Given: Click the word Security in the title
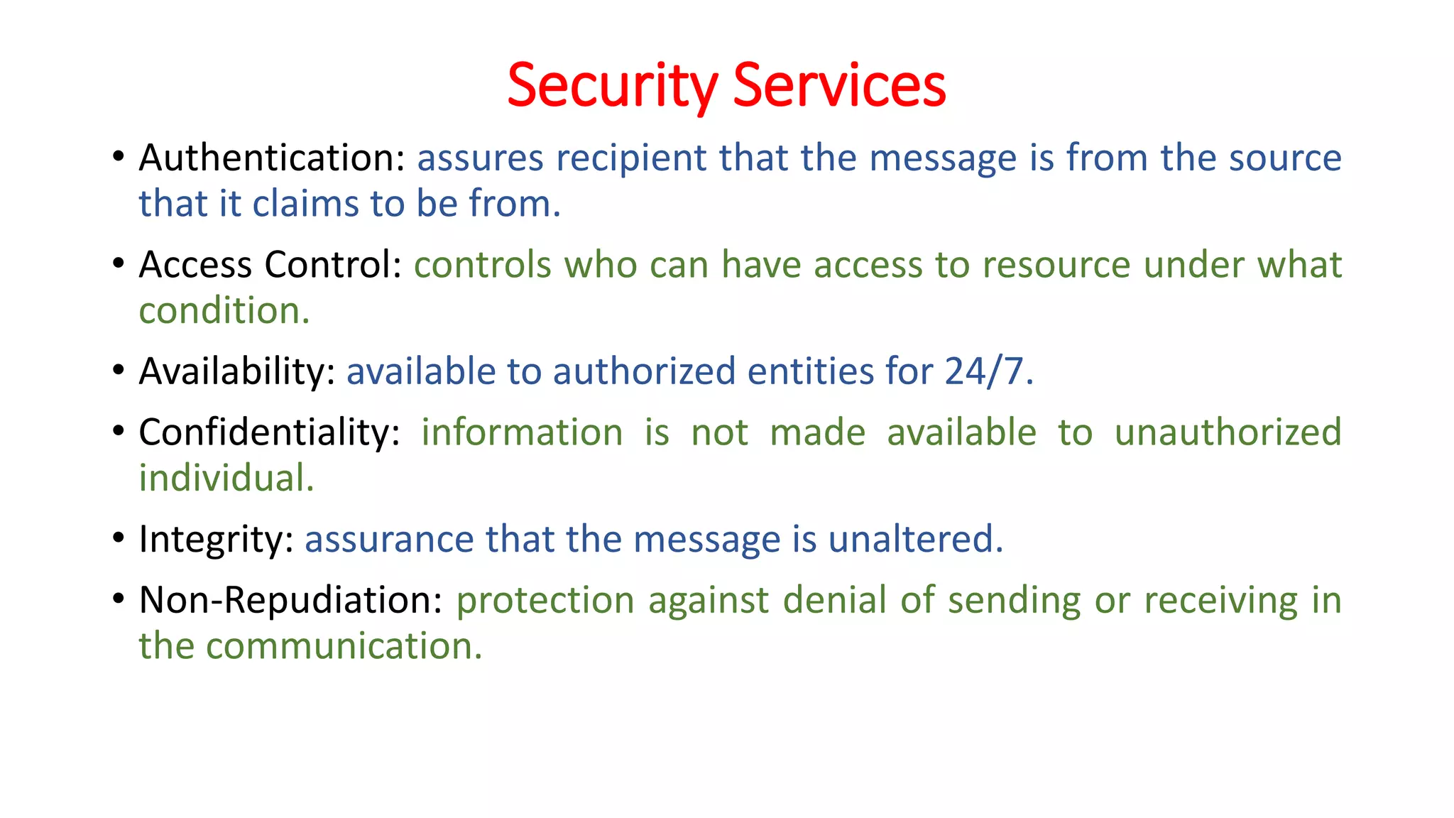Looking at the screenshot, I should coord(612,85).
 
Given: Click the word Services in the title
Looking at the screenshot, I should coord(839,85).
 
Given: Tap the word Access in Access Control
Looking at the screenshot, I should coord(196,265).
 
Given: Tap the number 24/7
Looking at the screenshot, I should coord(988,371).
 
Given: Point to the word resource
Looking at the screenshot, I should coord(1056,265).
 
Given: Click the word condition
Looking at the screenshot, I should coord(224,311).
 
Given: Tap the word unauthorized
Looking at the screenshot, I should coord(1228,432).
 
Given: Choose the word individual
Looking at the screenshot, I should coord(226,478).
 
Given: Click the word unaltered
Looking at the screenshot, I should coord(915,539).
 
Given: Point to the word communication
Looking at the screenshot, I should coord(344,646).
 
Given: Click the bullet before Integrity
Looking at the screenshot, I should coord(119,538).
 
